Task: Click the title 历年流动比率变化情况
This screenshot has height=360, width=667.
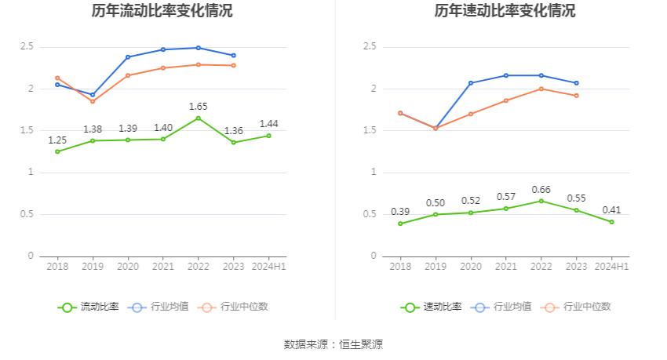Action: [x=162, y=11]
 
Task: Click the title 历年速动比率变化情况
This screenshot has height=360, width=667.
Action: [x=505, y=11]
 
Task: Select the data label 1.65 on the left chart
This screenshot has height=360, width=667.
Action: [x=198, y=106]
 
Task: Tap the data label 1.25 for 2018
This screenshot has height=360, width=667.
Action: [x=57, y=140]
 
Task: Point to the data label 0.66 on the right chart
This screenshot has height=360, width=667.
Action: [x=541, y=190]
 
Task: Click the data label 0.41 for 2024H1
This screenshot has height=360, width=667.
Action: [x=611, y=210]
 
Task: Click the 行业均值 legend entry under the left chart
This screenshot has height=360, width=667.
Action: [x=159, y=307]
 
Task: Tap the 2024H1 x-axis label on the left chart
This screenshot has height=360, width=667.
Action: [x=268, y=267]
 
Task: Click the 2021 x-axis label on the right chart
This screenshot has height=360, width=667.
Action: [x=506, y=267]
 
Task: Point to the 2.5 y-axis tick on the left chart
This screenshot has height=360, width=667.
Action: [x=27, y=47]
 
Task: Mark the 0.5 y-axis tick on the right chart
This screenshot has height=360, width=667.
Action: [x=370, y=214]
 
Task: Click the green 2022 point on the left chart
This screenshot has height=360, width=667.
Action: [x=198, y=118]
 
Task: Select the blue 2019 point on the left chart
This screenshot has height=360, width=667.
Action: [x=93, y=95]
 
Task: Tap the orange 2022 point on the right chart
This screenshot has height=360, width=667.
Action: [x=541, y=89]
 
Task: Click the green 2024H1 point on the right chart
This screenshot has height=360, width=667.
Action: [x=611, y=222]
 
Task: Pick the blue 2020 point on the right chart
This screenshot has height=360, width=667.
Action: [x=471, y=83]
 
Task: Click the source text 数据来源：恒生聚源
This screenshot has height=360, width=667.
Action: [x=333, y=344]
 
